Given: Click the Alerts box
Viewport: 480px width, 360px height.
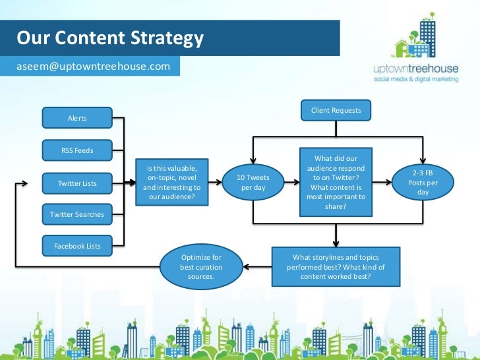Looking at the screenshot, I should [77, 118].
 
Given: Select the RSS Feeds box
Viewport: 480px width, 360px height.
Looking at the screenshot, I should [77, 150].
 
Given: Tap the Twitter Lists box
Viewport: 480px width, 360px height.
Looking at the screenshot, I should [77, 183].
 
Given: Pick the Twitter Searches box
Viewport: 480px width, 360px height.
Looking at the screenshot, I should [77, 214].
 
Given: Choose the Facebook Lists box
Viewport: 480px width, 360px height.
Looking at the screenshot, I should [77, 246].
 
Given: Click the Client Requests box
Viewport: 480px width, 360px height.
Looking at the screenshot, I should [336, 111].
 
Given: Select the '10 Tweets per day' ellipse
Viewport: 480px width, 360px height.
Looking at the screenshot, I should [253, 183].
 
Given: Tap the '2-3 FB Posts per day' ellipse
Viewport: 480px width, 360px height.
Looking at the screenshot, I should [423, 183].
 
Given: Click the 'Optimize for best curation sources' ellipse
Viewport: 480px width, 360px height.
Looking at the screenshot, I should [201, 266].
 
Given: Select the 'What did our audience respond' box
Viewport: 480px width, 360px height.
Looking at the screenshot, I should [336, 182].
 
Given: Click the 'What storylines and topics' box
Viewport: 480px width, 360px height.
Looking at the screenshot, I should [335, 266].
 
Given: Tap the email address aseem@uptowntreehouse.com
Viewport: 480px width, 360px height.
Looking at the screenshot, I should [93, 67].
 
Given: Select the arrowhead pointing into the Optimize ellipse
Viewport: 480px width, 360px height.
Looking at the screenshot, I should [246, 266].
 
